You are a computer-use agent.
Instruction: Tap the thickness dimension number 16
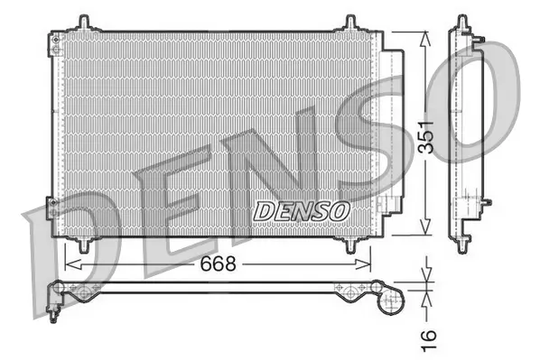[x=429, y=336]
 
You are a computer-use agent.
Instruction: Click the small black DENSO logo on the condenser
[x=302, y=210]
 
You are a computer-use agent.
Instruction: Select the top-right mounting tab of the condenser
[x=349, y=23]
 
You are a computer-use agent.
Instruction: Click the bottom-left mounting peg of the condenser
[x=84, y=244]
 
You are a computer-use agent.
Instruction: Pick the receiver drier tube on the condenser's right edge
[x=390, y=135]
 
